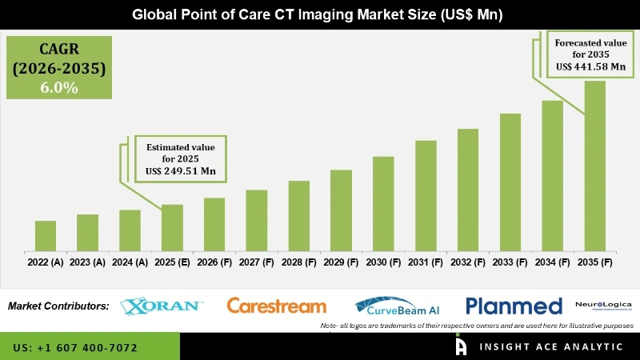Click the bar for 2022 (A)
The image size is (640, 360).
click(x=46, y=236)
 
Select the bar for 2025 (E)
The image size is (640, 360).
click(x=172, y=228)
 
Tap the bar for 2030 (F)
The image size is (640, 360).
click(x=383, y=204)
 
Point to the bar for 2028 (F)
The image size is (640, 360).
click(x=298, y=216)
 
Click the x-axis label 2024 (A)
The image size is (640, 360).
click(x=130, y=262)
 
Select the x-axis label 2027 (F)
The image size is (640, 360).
click(x=256, y=262)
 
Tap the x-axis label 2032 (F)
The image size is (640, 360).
click(x=467, y=262)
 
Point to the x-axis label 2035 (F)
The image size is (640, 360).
click(x=594, y=262)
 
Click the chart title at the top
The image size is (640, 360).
click(x=319, y=14)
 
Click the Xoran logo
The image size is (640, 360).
click(x=162, y=306)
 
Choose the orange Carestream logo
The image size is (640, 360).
click(x=277, y=306)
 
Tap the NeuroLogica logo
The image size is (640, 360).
click(x=603, y=305)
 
